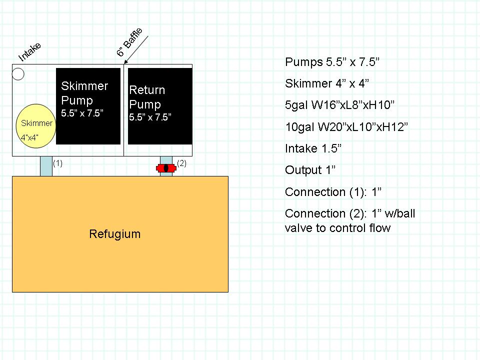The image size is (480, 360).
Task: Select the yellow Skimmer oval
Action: click(36, 126)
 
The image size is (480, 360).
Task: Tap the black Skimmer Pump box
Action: click(88, 106)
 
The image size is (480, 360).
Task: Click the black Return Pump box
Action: click(160, 106)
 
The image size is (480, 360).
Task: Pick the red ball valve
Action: click(166, 168)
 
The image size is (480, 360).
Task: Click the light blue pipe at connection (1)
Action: click(46, 166)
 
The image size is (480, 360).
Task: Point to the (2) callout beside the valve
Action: click(181, 163)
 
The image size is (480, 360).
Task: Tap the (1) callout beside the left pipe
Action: click(57, 163)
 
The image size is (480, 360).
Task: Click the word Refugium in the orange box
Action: click(115, 234)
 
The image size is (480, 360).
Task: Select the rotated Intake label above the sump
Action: click(29, 51)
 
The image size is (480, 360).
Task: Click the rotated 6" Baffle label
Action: click(129, 42)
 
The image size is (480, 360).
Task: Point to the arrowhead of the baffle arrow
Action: click(125, 62)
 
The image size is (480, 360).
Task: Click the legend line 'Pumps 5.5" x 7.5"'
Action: click(332, 62)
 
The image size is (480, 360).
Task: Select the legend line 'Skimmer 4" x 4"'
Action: click(327, 83)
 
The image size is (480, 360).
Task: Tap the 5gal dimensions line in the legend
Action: click(339, 105)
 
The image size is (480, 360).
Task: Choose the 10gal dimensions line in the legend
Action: click(346, 126)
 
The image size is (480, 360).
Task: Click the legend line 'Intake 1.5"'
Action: click(313, 148)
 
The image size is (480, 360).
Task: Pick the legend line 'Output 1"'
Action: click(310, 170)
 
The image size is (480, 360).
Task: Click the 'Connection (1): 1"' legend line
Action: click(333, 192)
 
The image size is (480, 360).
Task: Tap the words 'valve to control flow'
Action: click(337, 228)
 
